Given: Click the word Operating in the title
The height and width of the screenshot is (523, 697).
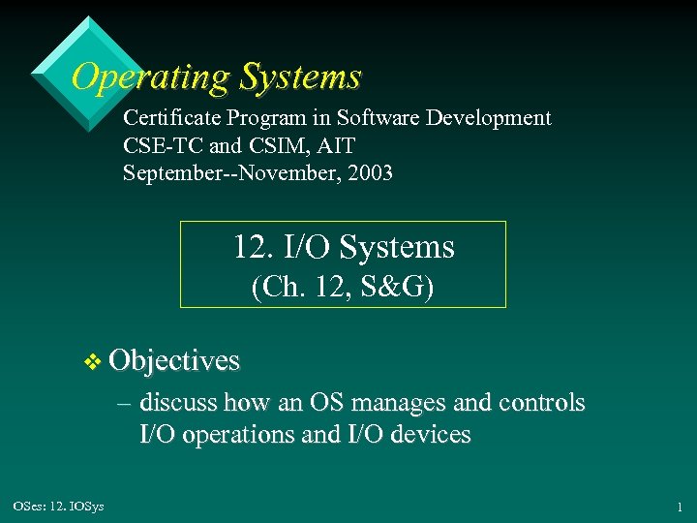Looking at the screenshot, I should click(x=149, y=77).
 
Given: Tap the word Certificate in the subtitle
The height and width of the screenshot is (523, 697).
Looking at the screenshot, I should click(x=172, y=118).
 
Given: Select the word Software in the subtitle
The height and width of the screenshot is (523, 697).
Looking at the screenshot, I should click(x=372, y=118).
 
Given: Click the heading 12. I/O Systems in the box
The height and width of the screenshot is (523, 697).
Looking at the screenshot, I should click(x=343, y=247).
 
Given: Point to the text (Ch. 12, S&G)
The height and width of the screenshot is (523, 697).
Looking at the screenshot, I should click(x=343, y=287).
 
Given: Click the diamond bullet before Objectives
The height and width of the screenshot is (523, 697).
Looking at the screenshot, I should click(x=93, y=362).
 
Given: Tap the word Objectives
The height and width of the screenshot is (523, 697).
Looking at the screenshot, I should click(x=174, y=360).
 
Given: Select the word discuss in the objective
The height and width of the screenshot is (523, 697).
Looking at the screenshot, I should click(x=178, y=402).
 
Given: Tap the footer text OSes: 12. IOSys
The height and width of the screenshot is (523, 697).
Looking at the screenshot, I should click(x=59, y=505).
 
